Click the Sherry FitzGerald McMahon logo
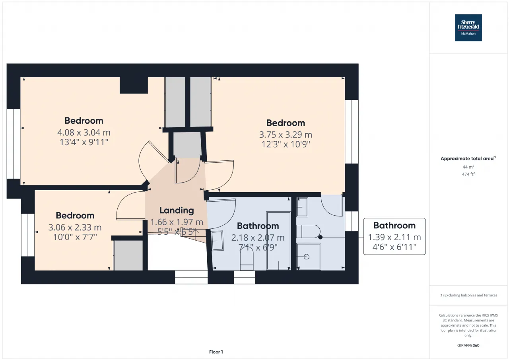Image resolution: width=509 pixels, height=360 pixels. point(468,28)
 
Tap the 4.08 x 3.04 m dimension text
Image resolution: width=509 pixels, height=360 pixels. point(84,132)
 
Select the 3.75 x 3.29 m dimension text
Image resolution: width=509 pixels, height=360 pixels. point(286,134)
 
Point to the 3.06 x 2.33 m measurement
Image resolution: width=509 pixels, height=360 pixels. point(75,227)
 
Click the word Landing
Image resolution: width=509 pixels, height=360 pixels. point(177,210)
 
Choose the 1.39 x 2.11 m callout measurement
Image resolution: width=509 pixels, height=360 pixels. point(394,237)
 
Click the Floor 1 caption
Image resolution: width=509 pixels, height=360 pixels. point(216,352)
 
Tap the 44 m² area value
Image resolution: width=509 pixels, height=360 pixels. point(468,167)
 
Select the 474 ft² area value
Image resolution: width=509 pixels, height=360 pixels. point(468,174)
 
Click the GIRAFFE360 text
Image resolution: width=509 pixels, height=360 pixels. point(468,345)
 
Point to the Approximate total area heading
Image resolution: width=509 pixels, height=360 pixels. point(468,158)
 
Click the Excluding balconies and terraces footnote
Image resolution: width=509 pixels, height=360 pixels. point(468,295)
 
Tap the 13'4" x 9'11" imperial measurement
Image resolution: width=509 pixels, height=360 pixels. point(84,142)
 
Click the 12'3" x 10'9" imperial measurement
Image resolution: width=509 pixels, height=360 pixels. point(286,144)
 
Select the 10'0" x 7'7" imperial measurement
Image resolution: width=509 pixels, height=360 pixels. point(75,237)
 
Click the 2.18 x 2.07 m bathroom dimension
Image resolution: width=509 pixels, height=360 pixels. point(258,237)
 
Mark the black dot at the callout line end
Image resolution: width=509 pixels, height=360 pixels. point(321,237)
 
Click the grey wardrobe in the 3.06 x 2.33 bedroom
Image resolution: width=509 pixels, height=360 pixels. point(128,255)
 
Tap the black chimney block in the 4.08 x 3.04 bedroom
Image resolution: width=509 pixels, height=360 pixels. point(134,85)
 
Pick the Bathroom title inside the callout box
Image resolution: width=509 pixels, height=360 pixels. point(394,226)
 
